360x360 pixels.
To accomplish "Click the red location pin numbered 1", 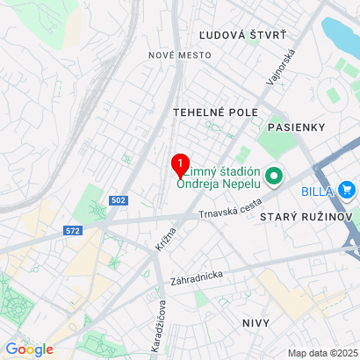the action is [x=180, y=164].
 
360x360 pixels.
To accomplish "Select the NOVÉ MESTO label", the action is [x=180, y=54].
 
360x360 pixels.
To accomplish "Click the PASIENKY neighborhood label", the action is [x=297, y=127].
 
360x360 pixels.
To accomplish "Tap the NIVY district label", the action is [x=258, y=323].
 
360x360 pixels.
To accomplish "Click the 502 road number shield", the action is [x=119, y=201].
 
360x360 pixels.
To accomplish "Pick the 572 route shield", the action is [x=73, y=231].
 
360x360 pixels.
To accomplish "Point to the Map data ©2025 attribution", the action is [x=320, y=353].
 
